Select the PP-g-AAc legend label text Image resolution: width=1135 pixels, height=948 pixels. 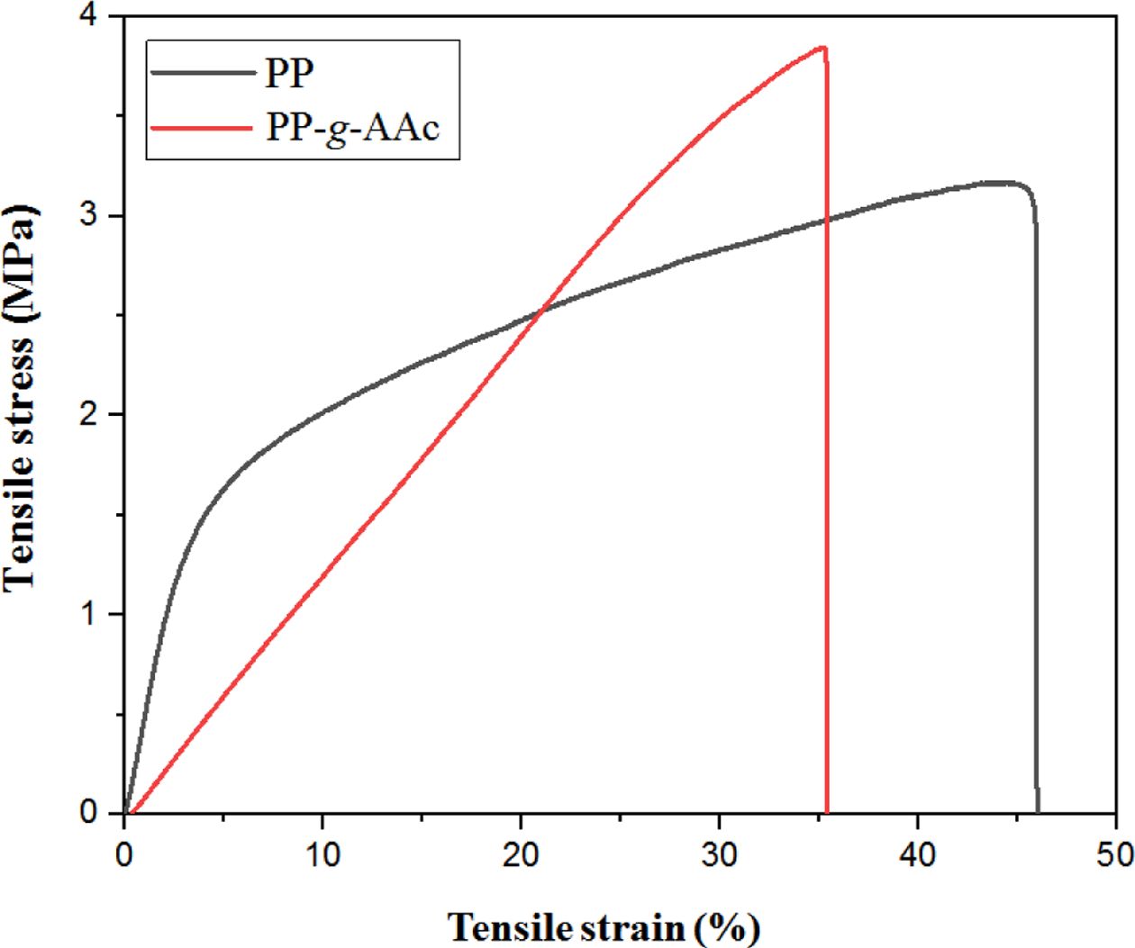[352, 128]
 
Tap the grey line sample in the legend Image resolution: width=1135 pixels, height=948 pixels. [203, 73]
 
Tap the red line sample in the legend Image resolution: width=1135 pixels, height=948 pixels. [203, 128]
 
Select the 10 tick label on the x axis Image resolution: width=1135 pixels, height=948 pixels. [322, 854]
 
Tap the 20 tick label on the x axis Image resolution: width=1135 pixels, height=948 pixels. [521, 854]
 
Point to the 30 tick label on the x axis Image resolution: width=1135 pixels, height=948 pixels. [719, 854]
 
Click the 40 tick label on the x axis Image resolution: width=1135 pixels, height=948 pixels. [917, 854]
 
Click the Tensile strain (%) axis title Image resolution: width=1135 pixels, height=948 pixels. [603, 926]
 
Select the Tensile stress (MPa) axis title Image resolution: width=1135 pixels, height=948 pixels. [20, 396]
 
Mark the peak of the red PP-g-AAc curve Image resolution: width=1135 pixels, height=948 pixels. [821, 48]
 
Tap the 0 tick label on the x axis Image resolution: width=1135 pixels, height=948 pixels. [124, 854]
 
